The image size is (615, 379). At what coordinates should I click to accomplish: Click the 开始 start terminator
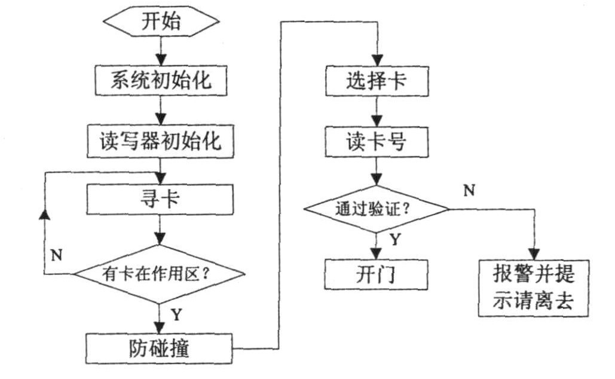pyautogui.click(x=160, y=23)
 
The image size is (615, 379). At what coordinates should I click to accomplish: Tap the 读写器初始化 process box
pyautogui.click(x=160, y=141)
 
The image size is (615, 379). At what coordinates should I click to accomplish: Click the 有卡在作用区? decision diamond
pyautogui.click(x=159, y=274)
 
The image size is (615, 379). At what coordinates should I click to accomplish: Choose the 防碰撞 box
pyautogui.click(x=160, y=347)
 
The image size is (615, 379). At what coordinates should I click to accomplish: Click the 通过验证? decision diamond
pyautogui.click(x=376, y=209)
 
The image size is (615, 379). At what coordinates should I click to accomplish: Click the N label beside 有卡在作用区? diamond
pyautogui.click(x=56, y=254)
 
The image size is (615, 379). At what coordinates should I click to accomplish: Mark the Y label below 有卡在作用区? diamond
pyautogui.click(x=176, y=313)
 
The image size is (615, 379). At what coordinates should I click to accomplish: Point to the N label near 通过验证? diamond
pyautogui.click(x=470, y=190)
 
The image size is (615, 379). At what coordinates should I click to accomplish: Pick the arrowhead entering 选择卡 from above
pyautogui.click(x=376, y=60)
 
